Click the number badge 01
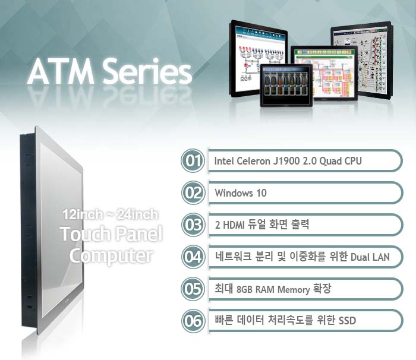(193, 161)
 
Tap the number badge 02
(193, 193)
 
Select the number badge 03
(193, 225)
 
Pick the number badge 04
(193, 257)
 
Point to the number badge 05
(193, 289)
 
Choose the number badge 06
(193, 321)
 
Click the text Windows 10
(241, 193)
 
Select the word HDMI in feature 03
(234, 225)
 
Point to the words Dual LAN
(370, 257)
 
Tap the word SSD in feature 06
(346, 321)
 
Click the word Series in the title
(147, 72)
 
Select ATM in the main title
(61, 72)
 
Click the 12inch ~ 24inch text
(111, 214)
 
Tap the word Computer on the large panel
(111, 256)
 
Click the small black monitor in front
(286, 85)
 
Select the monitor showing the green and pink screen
(324, 72)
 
